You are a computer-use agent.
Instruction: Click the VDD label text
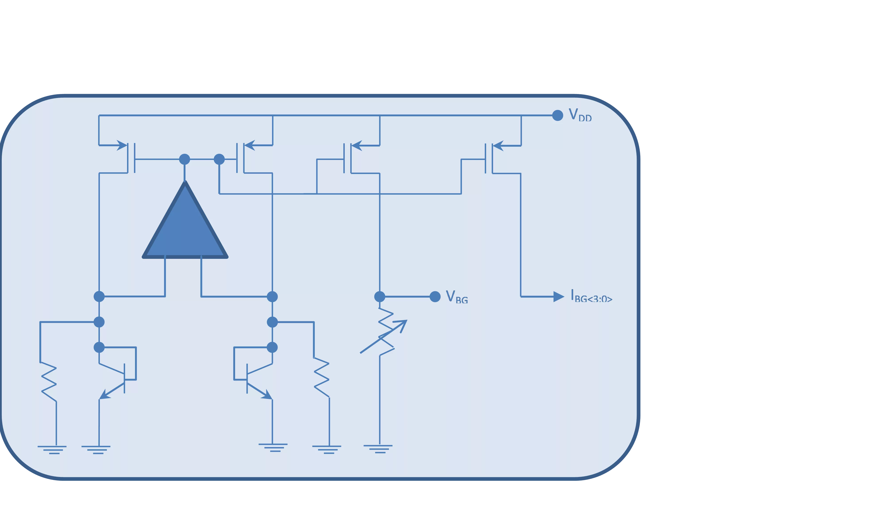(580, 115)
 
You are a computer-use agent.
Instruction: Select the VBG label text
(457, 297)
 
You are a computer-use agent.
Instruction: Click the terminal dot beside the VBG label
(435, 297)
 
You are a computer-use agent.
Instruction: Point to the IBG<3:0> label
(591, 296)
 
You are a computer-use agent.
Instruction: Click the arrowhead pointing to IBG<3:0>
(559, 297)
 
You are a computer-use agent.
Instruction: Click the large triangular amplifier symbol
(185, 223)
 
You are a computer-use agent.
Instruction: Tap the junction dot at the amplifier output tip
(184, 159)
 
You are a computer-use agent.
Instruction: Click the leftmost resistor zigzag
(49, 382)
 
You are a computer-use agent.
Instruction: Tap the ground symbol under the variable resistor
(378, 449)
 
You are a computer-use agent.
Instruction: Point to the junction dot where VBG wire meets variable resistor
(380, 297)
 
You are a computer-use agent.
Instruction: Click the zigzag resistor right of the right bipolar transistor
(321, 378)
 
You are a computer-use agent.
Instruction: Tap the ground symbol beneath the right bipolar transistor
(273, 448)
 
